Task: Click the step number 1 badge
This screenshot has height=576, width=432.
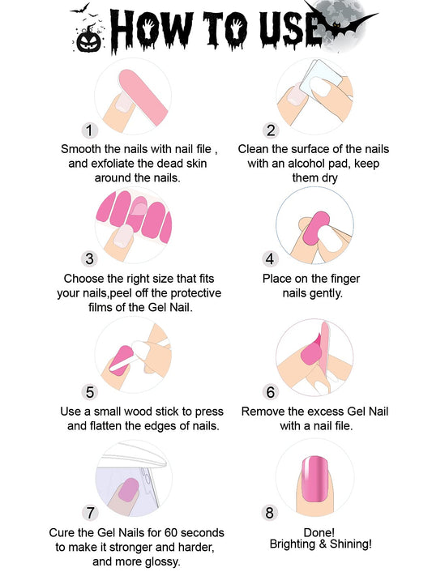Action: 89,130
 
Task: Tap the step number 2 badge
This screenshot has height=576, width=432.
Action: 271,130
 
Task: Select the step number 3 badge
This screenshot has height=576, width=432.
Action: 89,258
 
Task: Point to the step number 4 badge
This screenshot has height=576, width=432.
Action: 270,259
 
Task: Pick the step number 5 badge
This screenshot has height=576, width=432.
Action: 90,392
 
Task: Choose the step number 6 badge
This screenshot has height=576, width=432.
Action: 270,392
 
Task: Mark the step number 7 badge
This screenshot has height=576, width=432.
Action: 91,513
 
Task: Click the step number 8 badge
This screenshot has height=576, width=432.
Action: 270,513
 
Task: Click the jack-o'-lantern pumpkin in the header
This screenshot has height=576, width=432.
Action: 88,40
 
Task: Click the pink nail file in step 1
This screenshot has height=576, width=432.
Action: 143,96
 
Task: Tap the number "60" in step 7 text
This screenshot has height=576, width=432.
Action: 170,532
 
